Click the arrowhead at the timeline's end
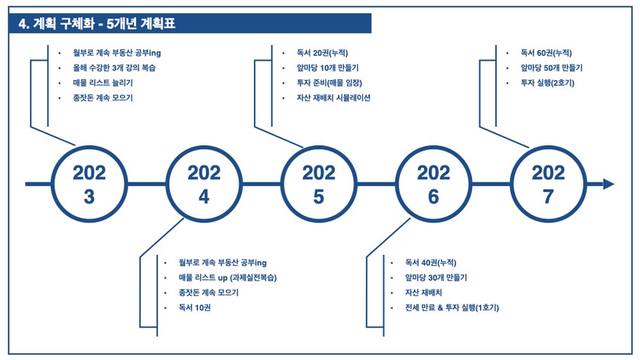(608, 184)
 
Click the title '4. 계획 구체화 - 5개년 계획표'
(97, 23)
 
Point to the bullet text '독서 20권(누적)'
(322, 53)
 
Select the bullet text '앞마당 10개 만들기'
(328, 68)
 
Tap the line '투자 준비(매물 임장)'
(329, 83)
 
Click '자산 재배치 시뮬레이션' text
(333, 98)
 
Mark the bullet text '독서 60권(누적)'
(546, 53)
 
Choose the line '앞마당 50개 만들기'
(552, 68)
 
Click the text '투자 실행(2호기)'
(547, 83)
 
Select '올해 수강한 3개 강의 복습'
(114, 68)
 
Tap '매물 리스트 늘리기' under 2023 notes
(103, 83)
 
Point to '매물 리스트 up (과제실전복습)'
(228, 278)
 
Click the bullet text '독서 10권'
(194, 308)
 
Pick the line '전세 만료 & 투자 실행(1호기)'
(452, 308)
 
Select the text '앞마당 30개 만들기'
(436, 278)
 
